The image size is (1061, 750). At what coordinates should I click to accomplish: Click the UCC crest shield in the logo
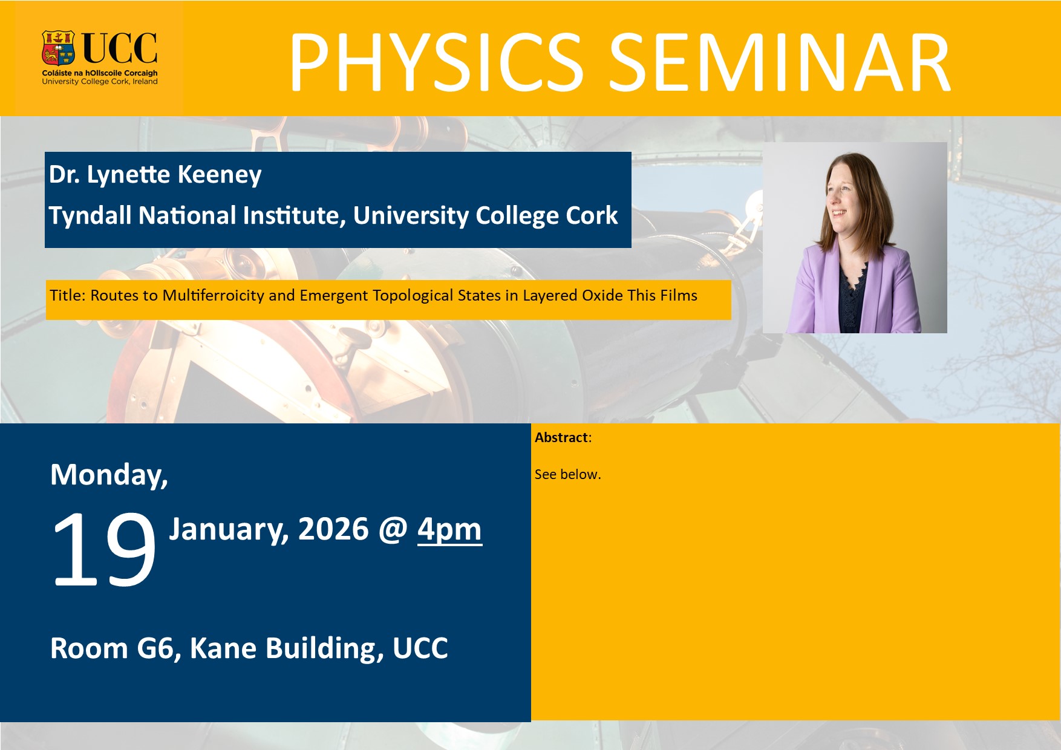coord(58,48)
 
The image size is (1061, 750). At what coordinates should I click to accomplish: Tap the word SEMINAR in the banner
coord(780,63)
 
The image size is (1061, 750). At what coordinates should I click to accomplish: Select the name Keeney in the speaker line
coord(220,175)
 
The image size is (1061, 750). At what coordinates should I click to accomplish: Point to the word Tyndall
coord(90,216)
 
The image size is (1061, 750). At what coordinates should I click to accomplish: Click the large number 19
coord(104,549)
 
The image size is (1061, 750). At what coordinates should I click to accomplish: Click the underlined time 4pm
coord(449,530)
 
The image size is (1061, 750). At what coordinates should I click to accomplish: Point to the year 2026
coord(333,529)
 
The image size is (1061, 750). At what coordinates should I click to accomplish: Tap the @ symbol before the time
coord(393,530)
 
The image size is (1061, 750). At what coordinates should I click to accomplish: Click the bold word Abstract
coord(561,437)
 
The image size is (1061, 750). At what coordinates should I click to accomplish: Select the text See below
coord(567,474)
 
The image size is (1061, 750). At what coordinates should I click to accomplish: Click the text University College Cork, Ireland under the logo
coord(100,82)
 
